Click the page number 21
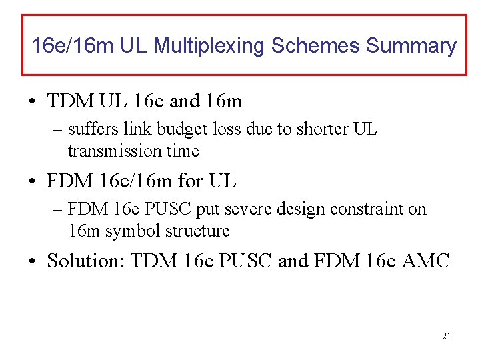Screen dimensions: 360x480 (446, 336)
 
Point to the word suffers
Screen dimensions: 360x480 (90, 129)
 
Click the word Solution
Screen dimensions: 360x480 (85, 261)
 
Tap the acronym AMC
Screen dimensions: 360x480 (427, 261)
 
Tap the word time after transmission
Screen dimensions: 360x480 (183, 151)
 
